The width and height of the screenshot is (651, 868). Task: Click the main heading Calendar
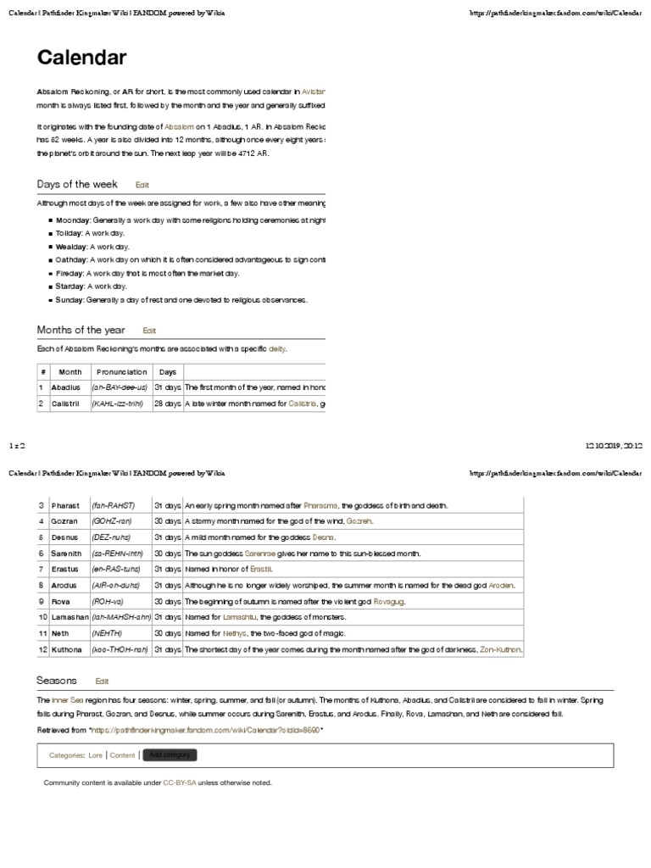82,58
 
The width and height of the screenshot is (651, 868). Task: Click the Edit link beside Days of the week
142,185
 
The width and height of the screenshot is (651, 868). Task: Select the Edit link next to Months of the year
149,331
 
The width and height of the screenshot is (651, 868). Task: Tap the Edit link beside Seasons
102,681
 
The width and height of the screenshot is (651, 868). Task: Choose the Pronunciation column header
121,371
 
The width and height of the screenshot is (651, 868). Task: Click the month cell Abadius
64,387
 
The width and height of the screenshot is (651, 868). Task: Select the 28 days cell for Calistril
168,404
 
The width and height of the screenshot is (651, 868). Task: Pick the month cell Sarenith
65,553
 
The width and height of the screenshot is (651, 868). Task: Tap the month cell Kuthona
65,649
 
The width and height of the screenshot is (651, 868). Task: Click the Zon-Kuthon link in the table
501,649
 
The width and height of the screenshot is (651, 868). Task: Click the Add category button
170,754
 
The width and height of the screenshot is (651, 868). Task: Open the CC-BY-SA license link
180,782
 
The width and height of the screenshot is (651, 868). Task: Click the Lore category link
95,754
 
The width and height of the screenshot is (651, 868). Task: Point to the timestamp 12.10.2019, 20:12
614,444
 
